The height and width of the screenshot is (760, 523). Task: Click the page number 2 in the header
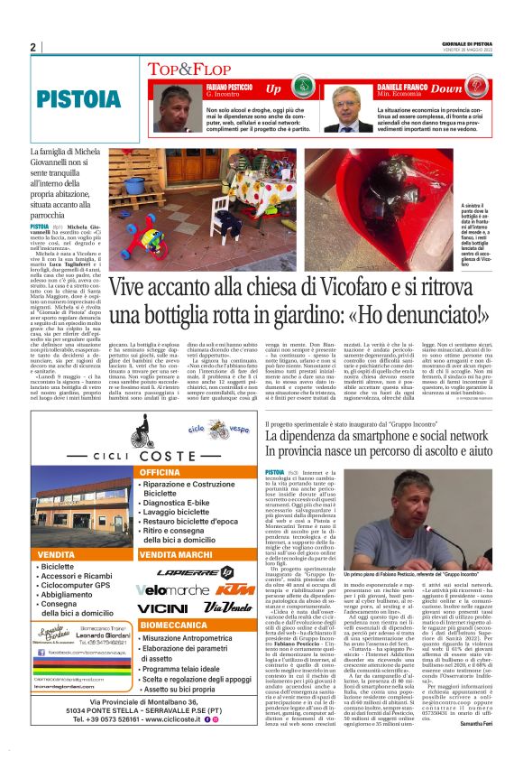[x=33, y=48]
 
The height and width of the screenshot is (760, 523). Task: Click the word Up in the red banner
[x=273, y=89]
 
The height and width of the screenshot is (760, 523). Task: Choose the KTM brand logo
[x=230, y=589]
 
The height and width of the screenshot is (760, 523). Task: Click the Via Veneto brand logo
[x=226, y=608]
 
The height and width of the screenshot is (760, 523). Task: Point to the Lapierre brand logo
[x=194, y=571]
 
